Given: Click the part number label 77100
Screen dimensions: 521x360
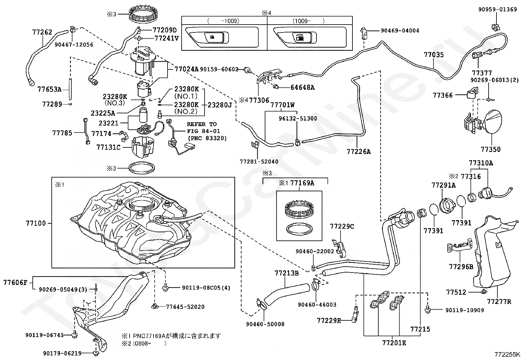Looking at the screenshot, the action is coord(36,223).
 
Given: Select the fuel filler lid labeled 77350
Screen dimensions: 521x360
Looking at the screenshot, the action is coord(493,122).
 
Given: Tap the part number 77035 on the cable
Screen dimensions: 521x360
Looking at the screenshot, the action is coord(434,55).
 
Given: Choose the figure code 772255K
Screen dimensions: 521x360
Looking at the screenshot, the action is coord(507,354).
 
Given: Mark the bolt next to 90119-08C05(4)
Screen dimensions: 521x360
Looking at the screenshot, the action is coord(165,288).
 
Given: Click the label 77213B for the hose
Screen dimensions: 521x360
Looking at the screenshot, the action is coord(287,273).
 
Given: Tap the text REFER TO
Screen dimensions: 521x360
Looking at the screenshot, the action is coord(202,124).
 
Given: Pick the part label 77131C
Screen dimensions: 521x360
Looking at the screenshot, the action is coord(108,147).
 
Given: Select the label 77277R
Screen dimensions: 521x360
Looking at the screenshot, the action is coord(499,302).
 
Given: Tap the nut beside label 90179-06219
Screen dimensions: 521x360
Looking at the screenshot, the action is coord(95,353).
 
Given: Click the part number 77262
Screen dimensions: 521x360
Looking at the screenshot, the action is coord(42,32).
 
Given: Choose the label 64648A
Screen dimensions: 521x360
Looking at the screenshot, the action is coord(302,87).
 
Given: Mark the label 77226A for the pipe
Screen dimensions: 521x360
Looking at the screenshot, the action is coord(359,152).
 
